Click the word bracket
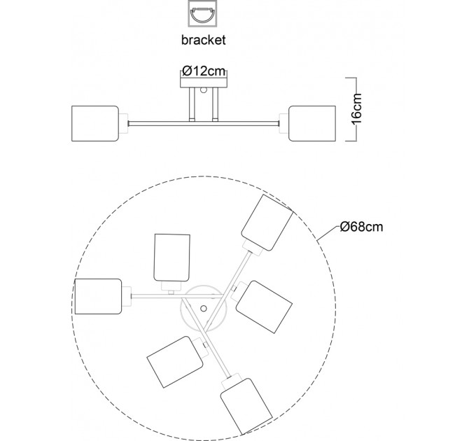click(203, 40)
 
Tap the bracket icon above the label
click(202, 14)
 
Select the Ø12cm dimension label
click(204, 71)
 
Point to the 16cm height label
click(356, 108)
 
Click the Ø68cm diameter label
click(362, 227)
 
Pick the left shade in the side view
click(95, 123)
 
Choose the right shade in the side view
click(312, 123)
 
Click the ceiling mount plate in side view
click(204, 83)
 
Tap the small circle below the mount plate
click(204, 90)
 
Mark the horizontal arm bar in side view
click(204, 123)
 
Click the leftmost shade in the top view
click(99, 296)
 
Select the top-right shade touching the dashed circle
click(267, 223)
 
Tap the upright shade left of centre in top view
click(172, 258)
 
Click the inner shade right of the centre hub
click(264, 307)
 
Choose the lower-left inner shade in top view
click(175, 362)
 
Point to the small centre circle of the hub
click(204, 309)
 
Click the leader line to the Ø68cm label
click(328, 233)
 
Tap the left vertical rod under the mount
click(192, 103)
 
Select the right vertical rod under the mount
click(215, 103)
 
